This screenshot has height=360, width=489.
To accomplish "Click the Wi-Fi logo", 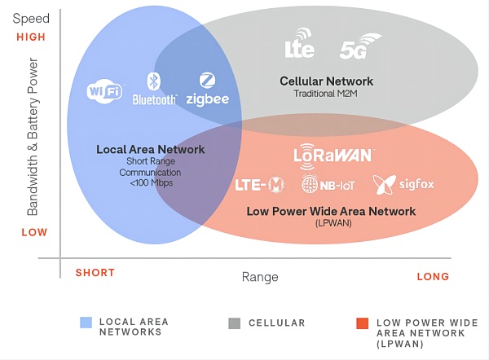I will (x=105, y=90).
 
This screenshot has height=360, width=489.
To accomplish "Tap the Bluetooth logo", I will (x=154, y=89).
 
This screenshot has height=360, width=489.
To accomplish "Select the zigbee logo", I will (x=207, y=90).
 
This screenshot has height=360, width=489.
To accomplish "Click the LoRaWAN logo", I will (x=333, y=154).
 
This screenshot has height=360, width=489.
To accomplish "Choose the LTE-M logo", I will (x=259, y=185).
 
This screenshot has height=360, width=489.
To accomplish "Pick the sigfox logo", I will (x=403, y=184).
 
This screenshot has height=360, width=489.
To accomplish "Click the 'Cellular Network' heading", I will (x=326, y=81).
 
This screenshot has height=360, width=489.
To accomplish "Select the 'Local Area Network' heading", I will (x=151, y=150).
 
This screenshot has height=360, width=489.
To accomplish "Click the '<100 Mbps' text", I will (x=151, y=183).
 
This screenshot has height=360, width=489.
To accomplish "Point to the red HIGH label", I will (x=31, y=37).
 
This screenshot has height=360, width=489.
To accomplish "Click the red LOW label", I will (x=33, y=232).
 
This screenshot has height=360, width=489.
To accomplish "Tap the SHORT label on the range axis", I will (x=95, y=273).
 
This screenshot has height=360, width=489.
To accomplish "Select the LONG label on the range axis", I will (x=433, y=277).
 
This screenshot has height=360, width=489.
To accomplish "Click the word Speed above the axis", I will (x=32, y=18).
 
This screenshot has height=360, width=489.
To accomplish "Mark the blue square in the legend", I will (x=86, y=323).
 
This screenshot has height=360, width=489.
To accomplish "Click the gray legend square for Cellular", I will (x=235, y=323).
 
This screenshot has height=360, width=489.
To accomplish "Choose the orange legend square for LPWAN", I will (x=362, y=323).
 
